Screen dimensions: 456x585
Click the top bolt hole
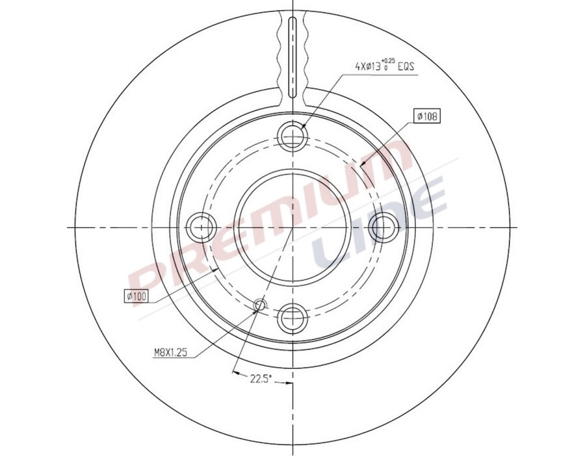pyautogui.click(x=292, y=136)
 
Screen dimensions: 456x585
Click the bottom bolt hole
pyautogui.click(x=292, y=318)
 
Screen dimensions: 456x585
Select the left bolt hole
pyautogui.click(x=201, y=227)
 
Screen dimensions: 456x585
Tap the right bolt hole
pyautogui.click(x=383, y=227)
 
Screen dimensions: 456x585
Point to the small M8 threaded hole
pyautogui.click(x=260, y=304)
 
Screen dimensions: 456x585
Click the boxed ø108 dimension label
pyautogui.click(x=426, y=116)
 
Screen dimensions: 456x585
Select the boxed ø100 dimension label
pyautogui.click(x=136, y=296)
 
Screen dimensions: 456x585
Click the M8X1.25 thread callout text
pyautogui.click(x=171, y=353)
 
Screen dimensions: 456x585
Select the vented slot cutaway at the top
pyautogui.click(x=292, y=55)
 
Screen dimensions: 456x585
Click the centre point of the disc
pyautogui.click(x=292, y=227)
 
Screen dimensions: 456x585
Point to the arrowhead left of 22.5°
pyautogui.click(x=235, y=374)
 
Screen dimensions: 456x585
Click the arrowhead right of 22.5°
pyautogui.click(x=288, y=383)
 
